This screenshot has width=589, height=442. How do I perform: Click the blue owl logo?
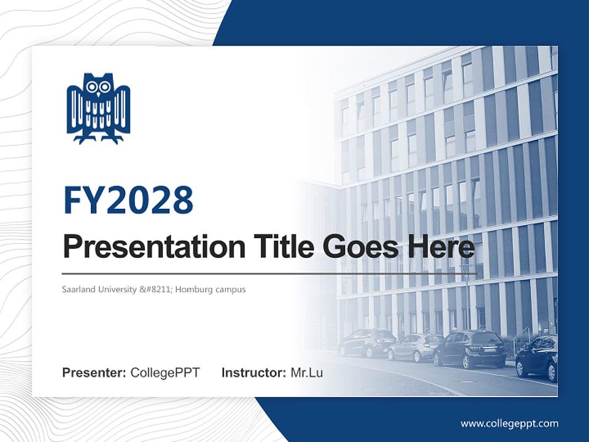(x=98, y=108)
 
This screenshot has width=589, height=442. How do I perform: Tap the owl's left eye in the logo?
(x=92, y=87)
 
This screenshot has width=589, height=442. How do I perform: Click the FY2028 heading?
(x=128, y=200)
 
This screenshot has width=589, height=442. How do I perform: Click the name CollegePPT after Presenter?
(x=165, y=373)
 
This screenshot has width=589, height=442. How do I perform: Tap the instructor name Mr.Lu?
(x=306, y=373)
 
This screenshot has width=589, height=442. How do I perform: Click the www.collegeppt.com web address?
(x=509, y=424)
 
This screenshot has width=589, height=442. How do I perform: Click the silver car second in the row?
(x=415, y=347)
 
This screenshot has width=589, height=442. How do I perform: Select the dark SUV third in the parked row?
(x=469, y=349)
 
